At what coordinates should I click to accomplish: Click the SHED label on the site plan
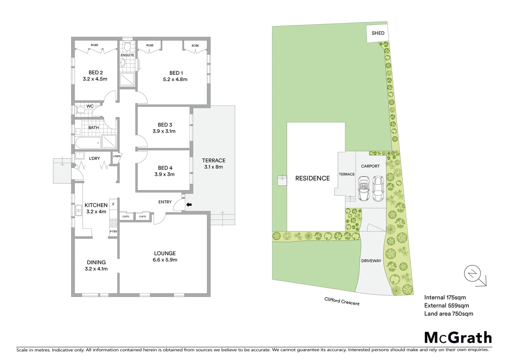378,33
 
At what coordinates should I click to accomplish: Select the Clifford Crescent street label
342,301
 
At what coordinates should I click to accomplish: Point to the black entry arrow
189,205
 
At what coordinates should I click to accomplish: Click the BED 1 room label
176,73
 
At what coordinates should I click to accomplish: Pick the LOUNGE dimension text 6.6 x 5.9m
165,260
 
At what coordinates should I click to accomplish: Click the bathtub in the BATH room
87,144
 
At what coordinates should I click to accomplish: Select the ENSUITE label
127,55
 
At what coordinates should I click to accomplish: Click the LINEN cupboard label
117,156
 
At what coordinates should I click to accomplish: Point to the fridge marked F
113,204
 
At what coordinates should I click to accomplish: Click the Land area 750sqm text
448,313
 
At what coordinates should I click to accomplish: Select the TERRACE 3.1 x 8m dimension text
214,167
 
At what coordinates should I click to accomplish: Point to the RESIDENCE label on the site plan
312,178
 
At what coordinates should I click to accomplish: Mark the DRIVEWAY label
371,261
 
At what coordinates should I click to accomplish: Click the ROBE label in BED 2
94,45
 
